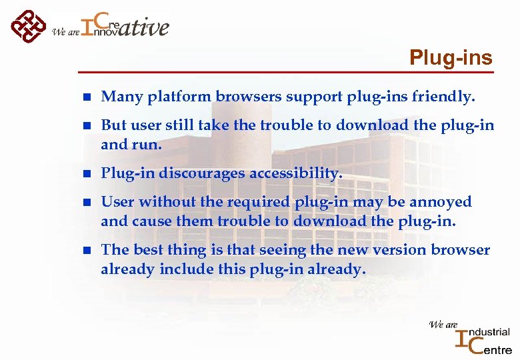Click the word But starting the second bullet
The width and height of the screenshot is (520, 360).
click(x=113, y=126)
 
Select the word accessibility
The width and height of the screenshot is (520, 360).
click(x=296, y=174)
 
